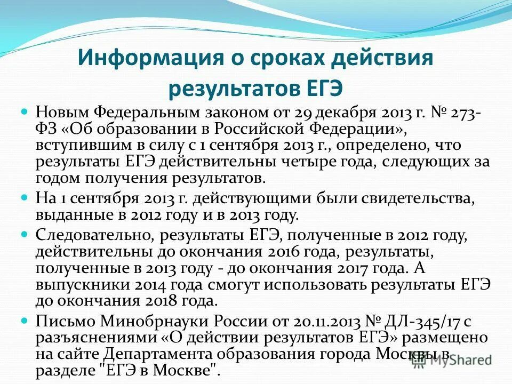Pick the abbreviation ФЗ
46,130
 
